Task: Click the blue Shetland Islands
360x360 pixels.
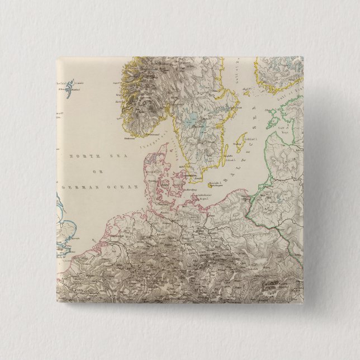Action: click(x=69, y=88)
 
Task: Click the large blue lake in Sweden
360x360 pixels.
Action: click(x=192, y=119)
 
